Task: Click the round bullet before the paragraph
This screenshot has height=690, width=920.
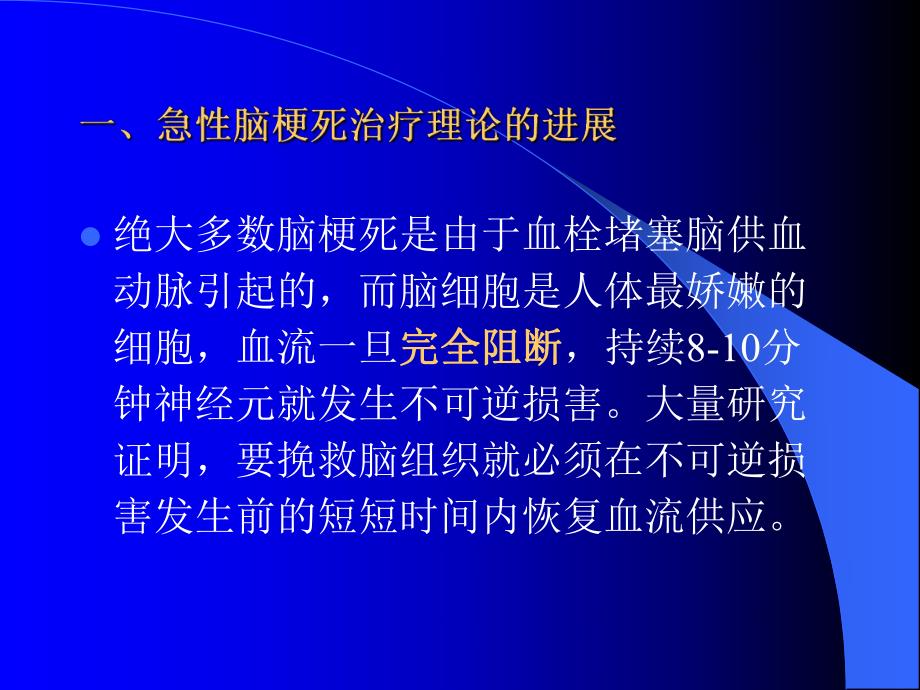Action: (x=91, y=238)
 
